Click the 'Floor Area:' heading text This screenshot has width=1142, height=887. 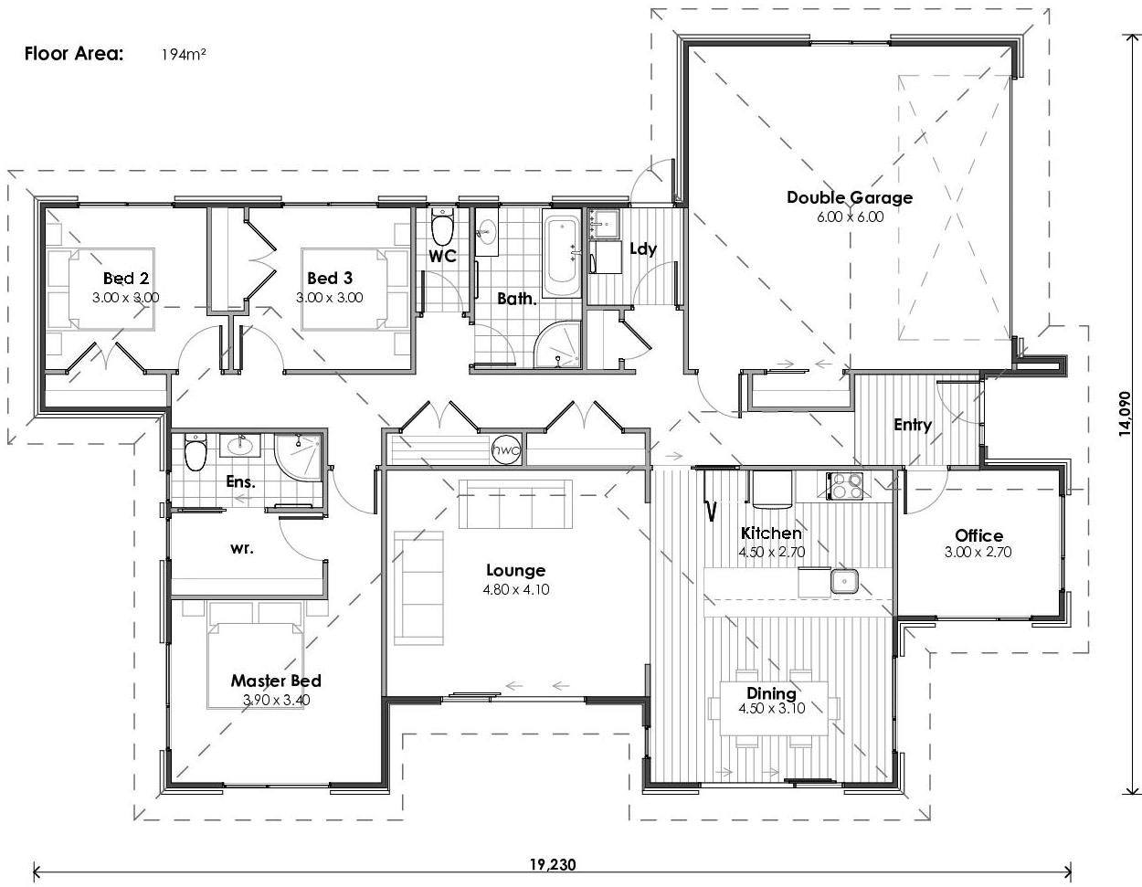click(73, 53)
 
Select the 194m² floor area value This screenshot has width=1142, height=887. click(184, 54)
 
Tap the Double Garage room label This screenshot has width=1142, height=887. click(849, 197)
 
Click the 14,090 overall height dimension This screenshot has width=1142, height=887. click(1126, 415)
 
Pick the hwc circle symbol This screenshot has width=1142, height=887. click(505, 449)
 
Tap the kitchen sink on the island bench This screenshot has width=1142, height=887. click(842, 579)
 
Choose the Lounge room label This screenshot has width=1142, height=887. click(516, 571)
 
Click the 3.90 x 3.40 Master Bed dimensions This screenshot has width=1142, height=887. click(275, 700)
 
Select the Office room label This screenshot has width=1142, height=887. click(978, 535)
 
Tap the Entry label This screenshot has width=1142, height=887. click(912, 425)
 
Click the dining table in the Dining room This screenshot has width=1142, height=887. click(773, 707)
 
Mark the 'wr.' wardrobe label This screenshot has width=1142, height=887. click(242, 549)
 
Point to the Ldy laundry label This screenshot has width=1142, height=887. click(643, 248)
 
